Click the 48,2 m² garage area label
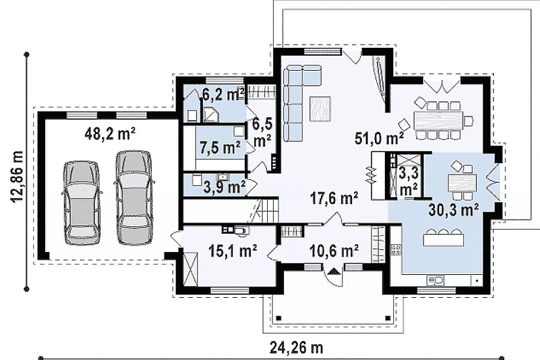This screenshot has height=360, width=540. click(x=110, y=134)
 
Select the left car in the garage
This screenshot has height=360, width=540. click(x=81, y=202)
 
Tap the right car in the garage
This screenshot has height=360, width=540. click(x=134, y=198)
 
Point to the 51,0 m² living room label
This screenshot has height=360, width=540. click(x=379, y=138)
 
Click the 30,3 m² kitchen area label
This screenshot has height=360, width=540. click(x=454, y=209)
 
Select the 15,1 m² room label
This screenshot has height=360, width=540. click(x=233, y=251)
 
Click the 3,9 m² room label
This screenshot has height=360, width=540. click(x=225, y=187)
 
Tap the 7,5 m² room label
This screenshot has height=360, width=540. click(x=221, y=148)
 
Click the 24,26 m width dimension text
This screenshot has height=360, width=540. click(x=296, y=348)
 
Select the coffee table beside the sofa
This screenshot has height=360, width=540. click(x=320, y=109)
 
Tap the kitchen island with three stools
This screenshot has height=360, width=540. click(x=443, y=238)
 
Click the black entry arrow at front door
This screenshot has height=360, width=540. click(x=333, y=272)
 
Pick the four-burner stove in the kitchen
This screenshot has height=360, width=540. click(x=396, y=249)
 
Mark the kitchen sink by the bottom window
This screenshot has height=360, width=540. click(x=435, y=280)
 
